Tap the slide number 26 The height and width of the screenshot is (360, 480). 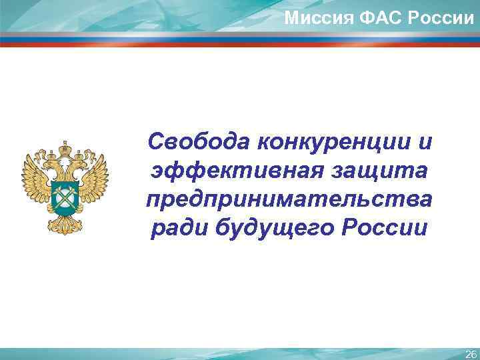[x=470, y=353]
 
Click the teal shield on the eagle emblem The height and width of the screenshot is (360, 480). [x=65, y=194]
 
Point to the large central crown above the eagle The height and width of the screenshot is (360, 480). [x=65, y=147]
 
